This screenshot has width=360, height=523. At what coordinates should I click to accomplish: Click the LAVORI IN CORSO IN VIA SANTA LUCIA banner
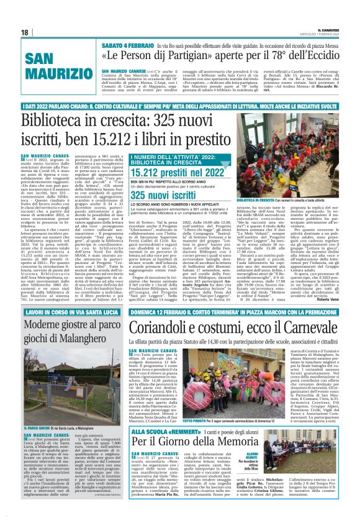[63, 311]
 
